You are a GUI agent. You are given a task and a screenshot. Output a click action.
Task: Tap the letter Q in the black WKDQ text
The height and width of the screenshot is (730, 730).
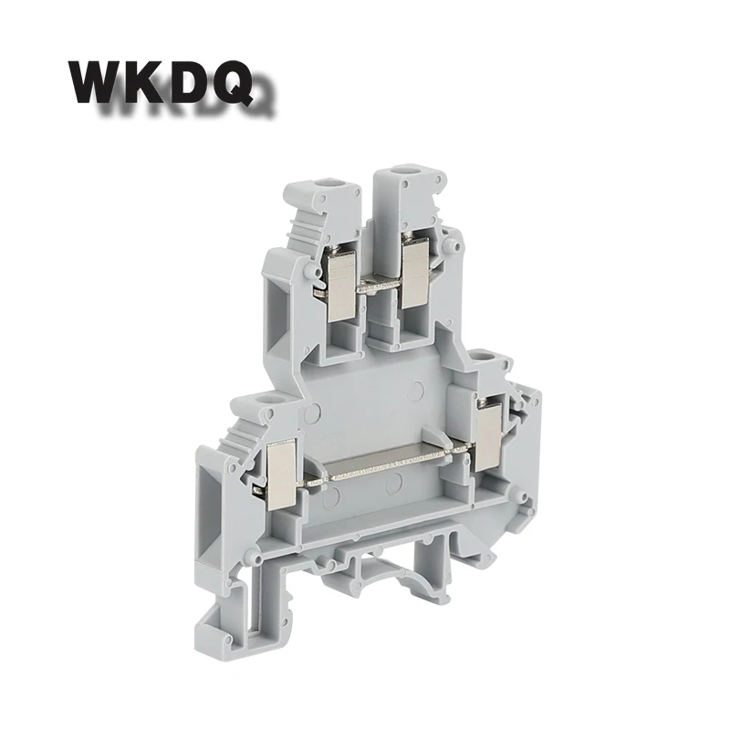tap(232, 84)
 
